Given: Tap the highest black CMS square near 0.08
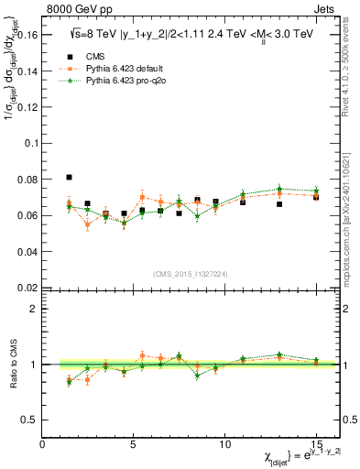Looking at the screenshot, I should (x=70, y=177).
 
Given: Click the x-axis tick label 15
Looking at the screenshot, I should (x=315, y=445).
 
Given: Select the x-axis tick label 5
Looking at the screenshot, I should (x=134, y=445).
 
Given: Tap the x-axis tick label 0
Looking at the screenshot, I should (x=43, y=445).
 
